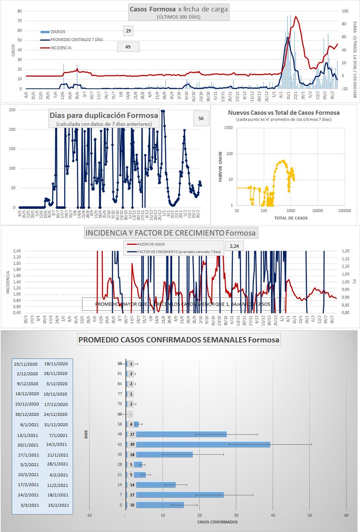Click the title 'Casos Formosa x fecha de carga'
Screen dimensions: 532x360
179,9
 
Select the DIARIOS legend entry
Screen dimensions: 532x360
58,31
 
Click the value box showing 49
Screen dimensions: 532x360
128,47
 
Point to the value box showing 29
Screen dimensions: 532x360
128,31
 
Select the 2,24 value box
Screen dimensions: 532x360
235,246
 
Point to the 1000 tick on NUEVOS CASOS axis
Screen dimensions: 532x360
228,128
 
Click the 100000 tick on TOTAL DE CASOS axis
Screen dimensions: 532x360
344,211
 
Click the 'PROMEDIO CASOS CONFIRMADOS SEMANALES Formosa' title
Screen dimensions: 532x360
179,340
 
